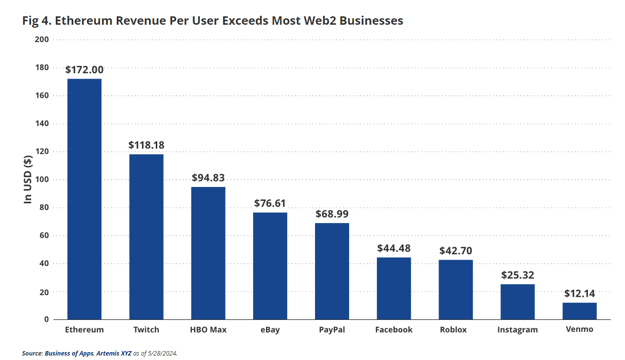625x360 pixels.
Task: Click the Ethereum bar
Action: tap(85, 199)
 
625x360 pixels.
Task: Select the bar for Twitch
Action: tap(146, 236)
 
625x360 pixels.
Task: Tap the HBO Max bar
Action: tap(208, 253)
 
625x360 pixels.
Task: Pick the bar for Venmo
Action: tap(580, 311)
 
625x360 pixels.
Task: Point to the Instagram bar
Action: tap(518, 301)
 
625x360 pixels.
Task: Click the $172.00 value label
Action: tap(85, 70)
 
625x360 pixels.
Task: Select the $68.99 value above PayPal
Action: tap(332, 214)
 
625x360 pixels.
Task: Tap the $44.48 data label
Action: tap(394, 248)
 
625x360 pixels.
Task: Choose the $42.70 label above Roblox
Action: tap(456, 250)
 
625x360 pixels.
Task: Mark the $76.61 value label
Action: tap(270, 203)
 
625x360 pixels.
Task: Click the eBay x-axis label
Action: tap(270, 330)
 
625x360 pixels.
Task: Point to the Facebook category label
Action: tap(394, 330)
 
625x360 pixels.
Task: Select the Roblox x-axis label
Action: tap(453, 330)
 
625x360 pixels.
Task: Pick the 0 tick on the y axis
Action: tap(46, 319)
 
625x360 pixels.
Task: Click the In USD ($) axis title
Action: tap(28, 179)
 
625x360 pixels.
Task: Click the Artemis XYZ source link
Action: tap(112, 353)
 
